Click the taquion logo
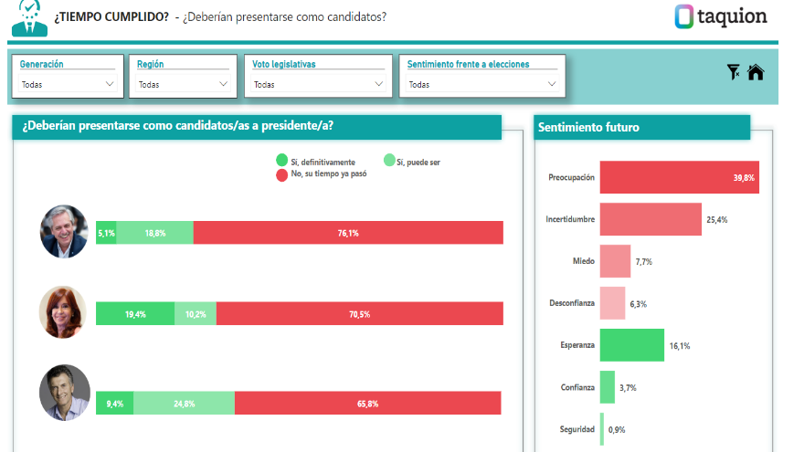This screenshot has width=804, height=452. click(721, 16)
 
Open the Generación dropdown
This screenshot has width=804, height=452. click(68, 84)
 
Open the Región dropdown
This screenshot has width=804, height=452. click(183, 84)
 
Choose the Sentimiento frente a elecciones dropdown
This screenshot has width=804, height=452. click(481, 84)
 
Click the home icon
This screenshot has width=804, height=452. click(756, 73)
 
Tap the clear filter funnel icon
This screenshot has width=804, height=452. click(733, 72)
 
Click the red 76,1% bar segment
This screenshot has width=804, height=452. click(348, 233)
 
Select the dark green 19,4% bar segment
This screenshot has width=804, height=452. click(135, 313)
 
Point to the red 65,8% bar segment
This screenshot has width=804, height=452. click(367, 403)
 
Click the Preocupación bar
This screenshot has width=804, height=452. click(679, 177)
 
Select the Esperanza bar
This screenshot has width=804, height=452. click(631, 345)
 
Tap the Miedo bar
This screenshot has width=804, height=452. click(615, 261)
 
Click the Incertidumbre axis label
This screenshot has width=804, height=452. click(570, 219)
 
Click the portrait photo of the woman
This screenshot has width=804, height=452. click(64, 312)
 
